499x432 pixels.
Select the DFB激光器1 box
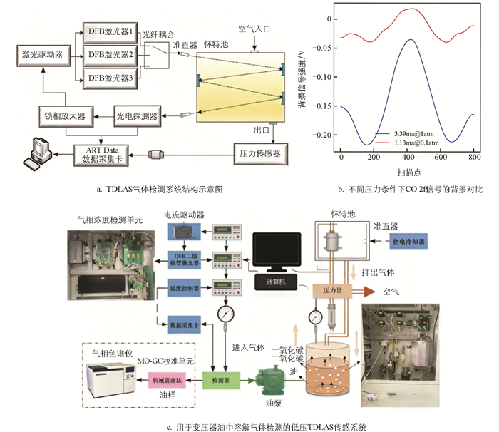109,30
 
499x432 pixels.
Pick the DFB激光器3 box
109,76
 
